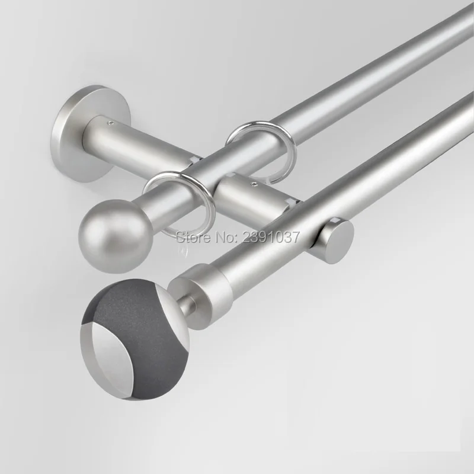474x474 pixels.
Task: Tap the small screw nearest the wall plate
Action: tap(111, 122)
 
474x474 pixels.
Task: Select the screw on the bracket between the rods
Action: tap(254, 182)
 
